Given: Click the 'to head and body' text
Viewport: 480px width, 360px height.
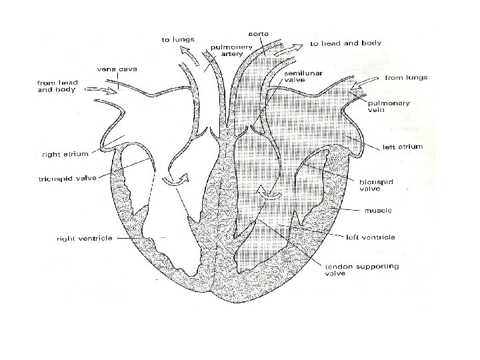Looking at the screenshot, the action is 345,44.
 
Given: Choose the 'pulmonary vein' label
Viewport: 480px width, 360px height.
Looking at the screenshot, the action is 384,107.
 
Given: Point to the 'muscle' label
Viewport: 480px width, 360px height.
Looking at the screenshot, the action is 377,211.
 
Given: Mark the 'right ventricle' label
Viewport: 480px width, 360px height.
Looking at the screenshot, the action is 84,237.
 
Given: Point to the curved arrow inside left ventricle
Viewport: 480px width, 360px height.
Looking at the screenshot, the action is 268,193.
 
